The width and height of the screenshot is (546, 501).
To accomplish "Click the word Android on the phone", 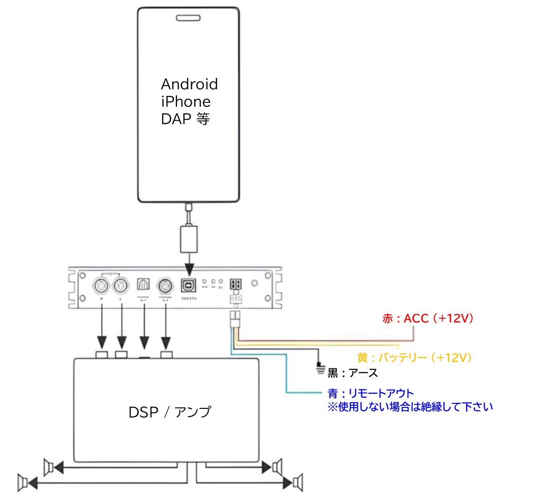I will coord(189,84).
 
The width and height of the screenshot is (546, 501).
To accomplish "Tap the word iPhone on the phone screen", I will coord(186,102).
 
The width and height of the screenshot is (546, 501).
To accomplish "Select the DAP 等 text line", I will coord(185,119).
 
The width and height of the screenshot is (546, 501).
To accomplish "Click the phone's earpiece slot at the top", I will coord(188,18).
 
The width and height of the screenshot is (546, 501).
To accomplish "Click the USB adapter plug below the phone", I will coord(188,238).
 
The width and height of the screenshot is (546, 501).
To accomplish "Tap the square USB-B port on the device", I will coord(188,286).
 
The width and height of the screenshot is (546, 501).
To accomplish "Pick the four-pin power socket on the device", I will coord(236,284).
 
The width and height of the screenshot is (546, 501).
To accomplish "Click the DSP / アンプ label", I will coord(169,412).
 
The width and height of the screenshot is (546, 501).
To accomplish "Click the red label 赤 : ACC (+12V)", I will coord(428,319).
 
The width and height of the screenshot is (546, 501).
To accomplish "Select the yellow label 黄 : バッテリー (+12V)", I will coord(415,358).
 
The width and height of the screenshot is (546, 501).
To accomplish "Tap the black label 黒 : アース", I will coord(353,373).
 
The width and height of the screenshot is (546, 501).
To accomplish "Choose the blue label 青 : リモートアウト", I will coord(371,393).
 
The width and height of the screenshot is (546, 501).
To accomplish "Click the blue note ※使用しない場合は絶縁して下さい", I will coord(410,407).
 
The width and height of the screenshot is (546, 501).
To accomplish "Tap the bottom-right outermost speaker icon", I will coord(298,482).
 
